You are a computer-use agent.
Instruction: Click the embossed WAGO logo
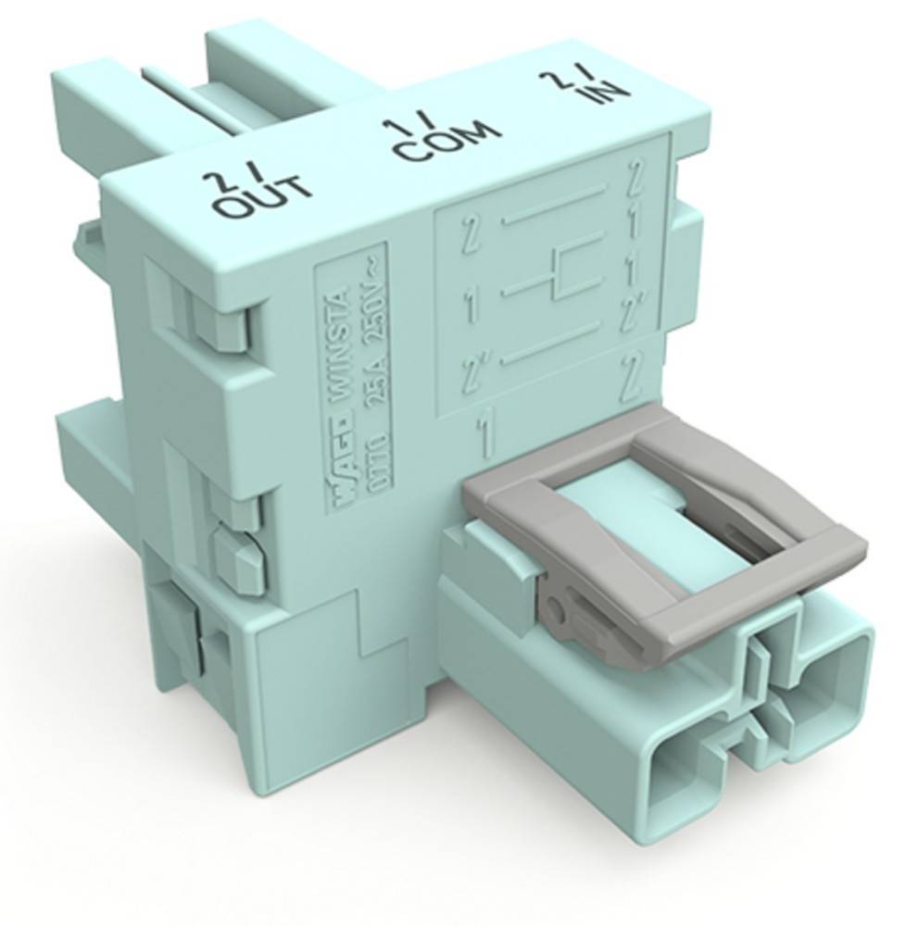(342, 482)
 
